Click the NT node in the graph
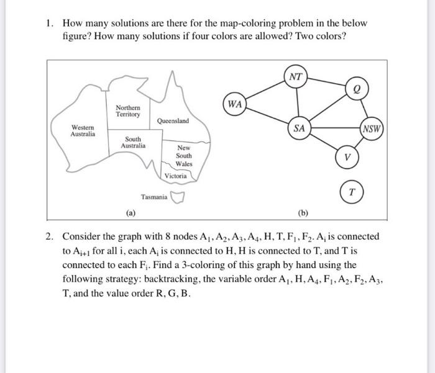pyautogui.click(x=296, y=77)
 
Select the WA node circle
pyautogui.click(x=234, y=104)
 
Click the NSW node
pyautogui.click(x=373, y=130)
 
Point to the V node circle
pyautogui.click(x=349, y=157)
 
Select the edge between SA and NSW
pyautogui.click(x=336, y=130)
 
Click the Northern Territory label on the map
pyautogui.click(x=127, y=111)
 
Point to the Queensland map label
pyautogui.click(x=173, y=121)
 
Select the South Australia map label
pyautogui.click(x=133, y=142)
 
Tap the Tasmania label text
pyautogui.click(x=154, y=197)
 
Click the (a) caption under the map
pyautogui.click(x=130, y=213)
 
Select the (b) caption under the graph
pyautogui.click(x=303, y=213)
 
